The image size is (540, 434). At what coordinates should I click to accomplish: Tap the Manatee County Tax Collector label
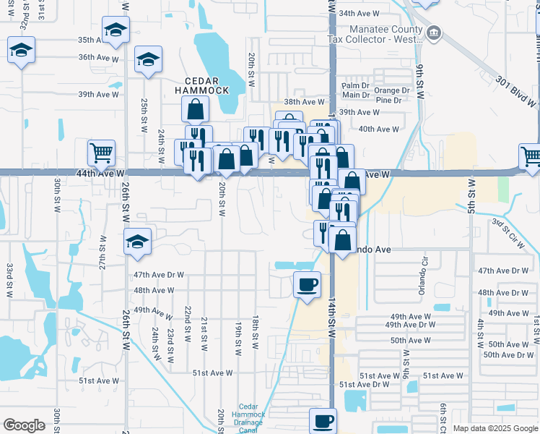click(375, 34)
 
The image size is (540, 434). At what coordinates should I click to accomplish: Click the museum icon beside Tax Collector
click(434, 32)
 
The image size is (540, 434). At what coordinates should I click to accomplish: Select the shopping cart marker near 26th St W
click(102, 152)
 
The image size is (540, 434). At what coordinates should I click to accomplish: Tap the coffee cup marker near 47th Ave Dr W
click(308, 282)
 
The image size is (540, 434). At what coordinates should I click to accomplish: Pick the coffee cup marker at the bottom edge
click(323, 420)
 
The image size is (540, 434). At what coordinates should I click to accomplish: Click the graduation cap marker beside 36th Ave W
click(149, 58)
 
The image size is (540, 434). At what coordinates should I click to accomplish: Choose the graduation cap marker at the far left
click(21, 50)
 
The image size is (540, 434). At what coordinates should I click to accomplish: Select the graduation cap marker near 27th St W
click(136, 242)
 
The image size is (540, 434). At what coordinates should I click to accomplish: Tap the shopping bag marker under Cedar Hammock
click(195, 109)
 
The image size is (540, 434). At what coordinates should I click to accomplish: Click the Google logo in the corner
click(25, 425)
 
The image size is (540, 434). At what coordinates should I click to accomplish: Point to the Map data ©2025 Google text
click(495, 428)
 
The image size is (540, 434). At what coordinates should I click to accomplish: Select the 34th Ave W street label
click(359, 13)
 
